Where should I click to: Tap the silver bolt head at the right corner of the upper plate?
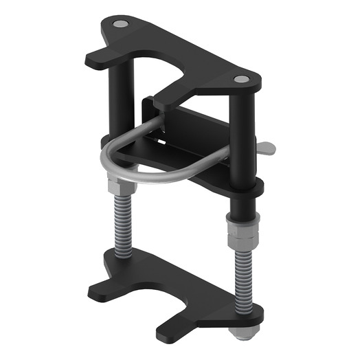(241, 80)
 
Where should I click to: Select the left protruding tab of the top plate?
(95, 59)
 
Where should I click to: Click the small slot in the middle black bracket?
(165, 142)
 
